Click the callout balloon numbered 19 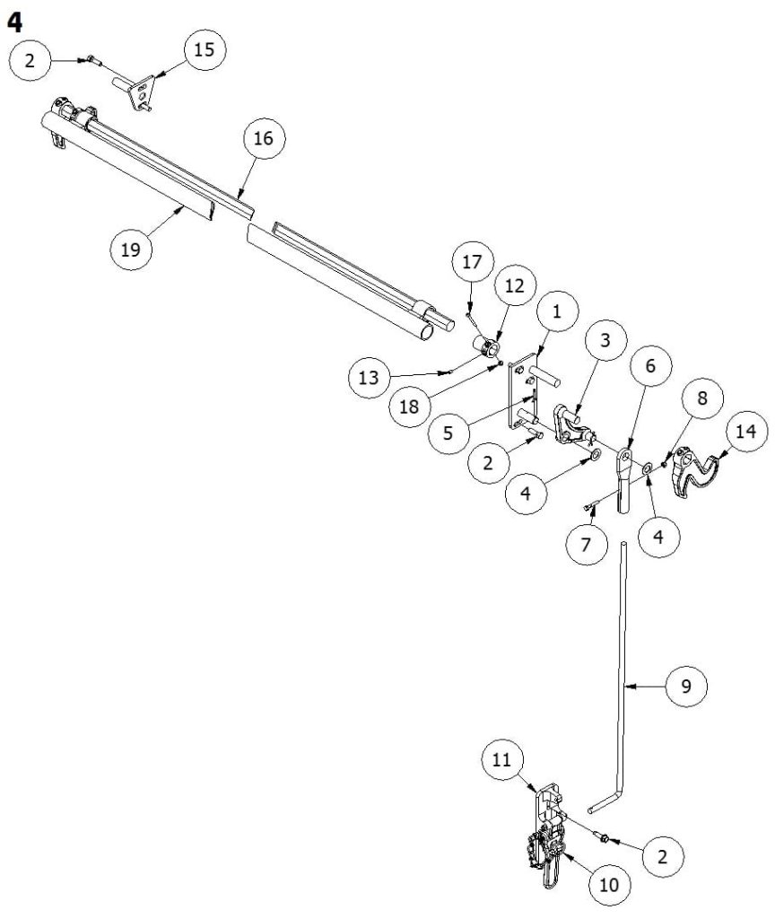[131, 249]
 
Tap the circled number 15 [205, 49]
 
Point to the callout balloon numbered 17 [472, 264]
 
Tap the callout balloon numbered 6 [651, 365]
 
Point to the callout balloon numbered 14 [745, 431]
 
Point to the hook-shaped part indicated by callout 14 [695, 471]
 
